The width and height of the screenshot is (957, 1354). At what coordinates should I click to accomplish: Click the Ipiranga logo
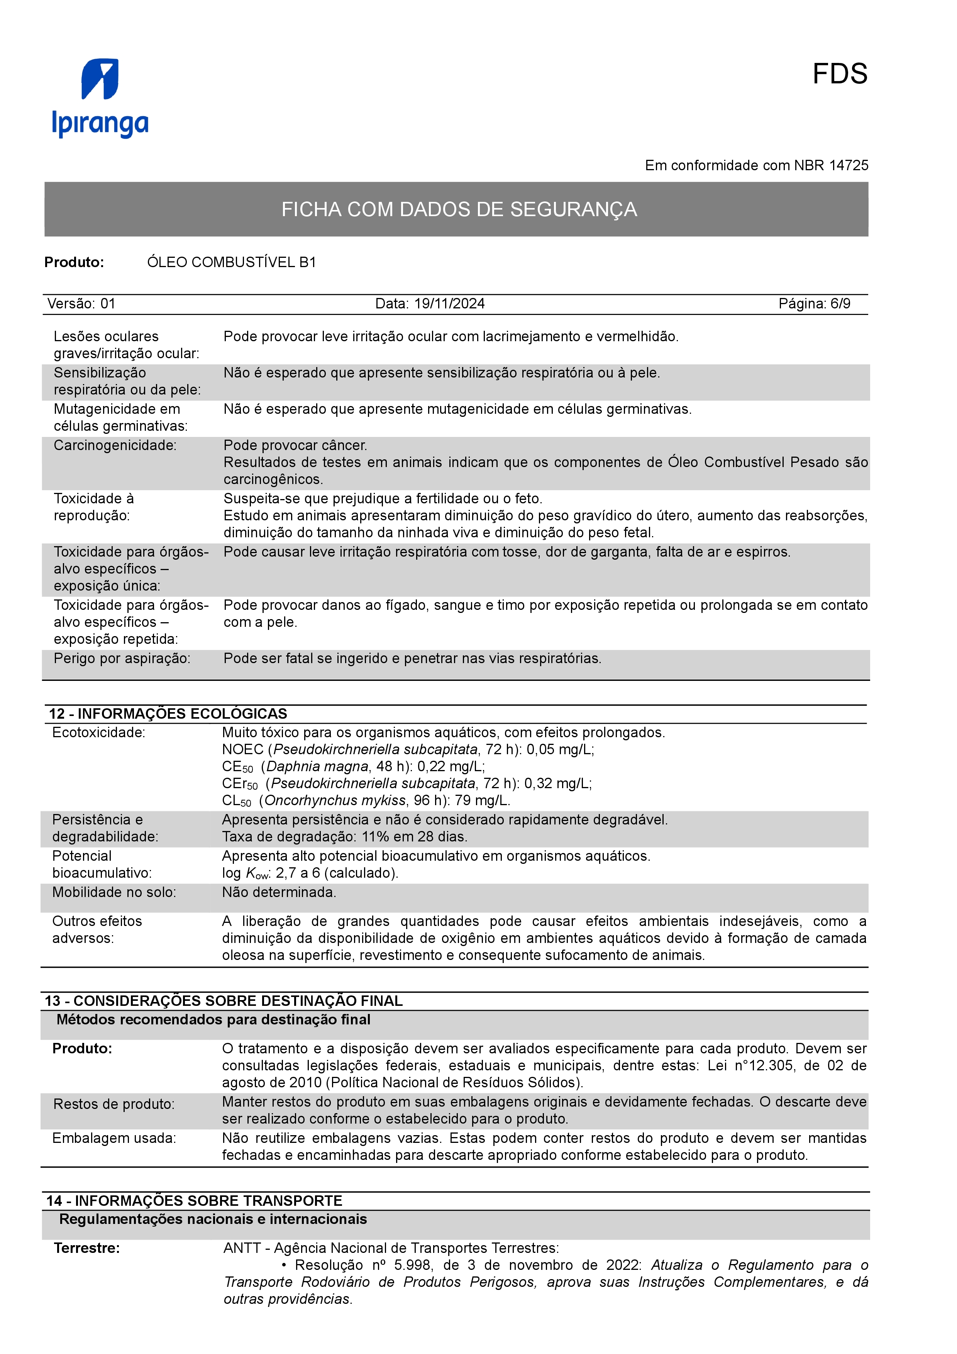tap(100, 98)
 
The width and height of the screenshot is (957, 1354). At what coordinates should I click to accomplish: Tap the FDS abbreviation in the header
tap(839, 74)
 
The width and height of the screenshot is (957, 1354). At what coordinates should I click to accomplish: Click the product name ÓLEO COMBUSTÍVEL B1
tap(231, 262)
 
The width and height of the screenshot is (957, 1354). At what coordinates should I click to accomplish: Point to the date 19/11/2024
tap(449, 304)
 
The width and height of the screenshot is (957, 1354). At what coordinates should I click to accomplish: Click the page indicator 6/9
tap(840, 304)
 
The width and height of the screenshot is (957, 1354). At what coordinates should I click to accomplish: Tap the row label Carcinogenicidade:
tap(115, 446)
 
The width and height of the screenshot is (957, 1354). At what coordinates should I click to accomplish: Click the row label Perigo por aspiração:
tap(122, 659)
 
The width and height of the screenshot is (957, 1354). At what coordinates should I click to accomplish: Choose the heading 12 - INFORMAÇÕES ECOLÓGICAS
tap(168, 714)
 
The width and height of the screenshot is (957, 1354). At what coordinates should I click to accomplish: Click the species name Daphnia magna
tap(318, 767)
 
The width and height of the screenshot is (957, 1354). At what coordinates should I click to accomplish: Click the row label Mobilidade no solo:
tap(114, 892)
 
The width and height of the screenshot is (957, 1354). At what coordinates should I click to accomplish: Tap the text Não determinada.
tap(279, 892)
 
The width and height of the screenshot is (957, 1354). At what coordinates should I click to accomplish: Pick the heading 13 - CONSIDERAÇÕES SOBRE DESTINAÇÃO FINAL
tap(224, 1001)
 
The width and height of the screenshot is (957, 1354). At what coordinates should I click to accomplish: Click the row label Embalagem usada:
tap(114, 1138)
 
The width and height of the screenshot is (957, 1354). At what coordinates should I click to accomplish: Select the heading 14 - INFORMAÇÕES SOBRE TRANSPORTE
tap(195, 1201)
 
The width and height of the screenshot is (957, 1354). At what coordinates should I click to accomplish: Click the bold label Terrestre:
tap(87, 1248)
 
